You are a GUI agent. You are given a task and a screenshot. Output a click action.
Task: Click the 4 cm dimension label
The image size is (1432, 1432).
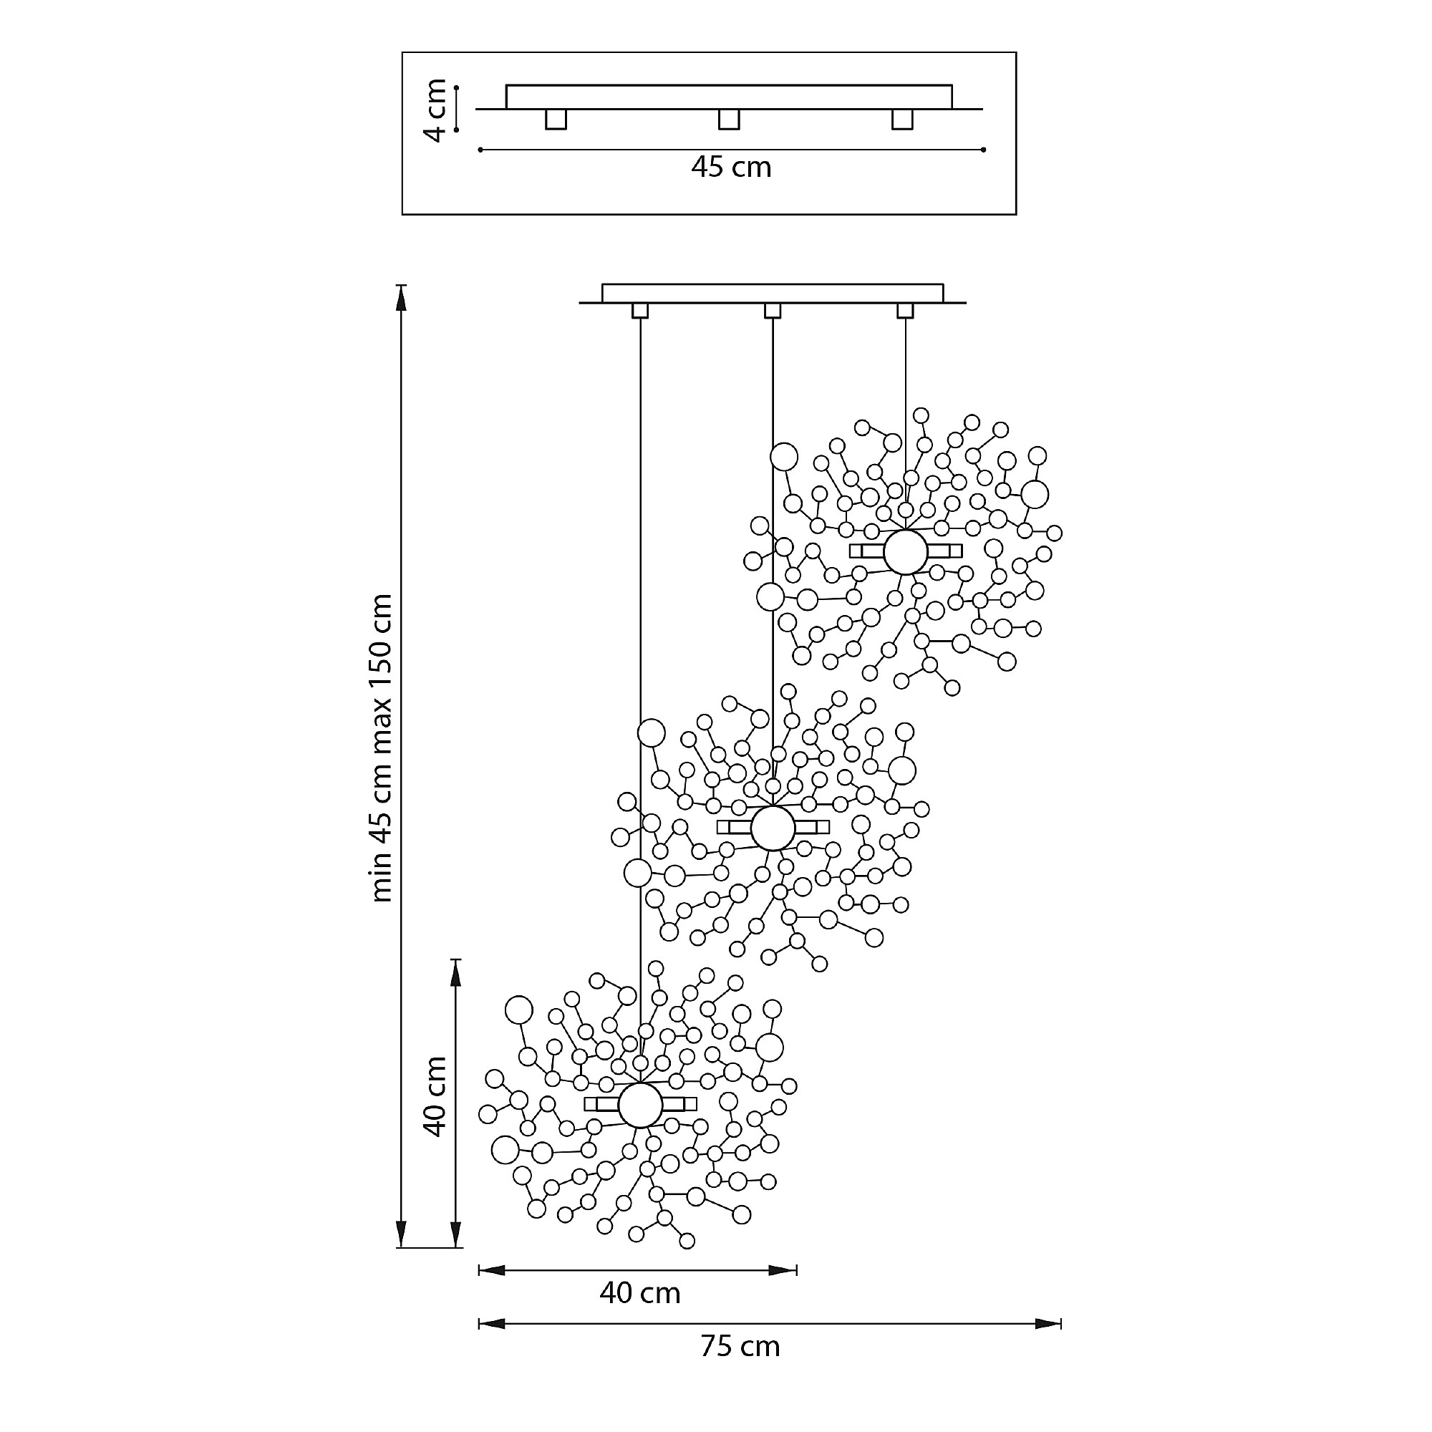pos(436,110)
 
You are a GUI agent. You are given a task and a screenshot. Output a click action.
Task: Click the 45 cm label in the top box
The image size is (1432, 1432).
pos(731,168)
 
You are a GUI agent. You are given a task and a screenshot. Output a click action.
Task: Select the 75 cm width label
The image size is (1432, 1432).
pos(740,1346)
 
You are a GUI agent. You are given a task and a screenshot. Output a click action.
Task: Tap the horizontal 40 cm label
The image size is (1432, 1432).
pos(639,1292)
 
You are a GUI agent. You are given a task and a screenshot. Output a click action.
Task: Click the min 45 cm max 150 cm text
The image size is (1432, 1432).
pos(381,748)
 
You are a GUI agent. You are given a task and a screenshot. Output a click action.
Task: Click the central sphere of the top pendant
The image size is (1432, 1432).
pos(905,551)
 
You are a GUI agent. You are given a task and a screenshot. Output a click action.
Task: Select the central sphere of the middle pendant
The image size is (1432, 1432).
pos(773,828)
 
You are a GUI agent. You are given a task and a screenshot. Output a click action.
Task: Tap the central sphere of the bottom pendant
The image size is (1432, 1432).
pos(639,1104)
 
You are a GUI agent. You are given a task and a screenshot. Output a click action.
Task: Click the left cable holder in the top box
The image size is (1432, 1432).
pos(556,120)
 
